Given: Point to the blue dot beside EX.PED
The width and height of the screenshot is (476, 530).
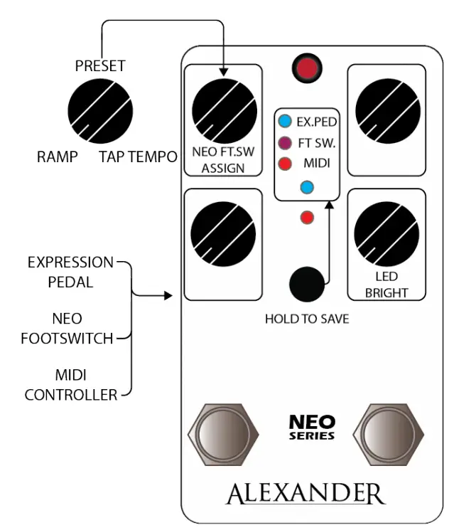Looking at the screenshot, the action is click(x=285, y=122).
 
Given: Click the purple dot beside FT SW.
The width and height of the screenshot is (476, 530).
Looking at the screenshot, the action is click(x=285, y=143).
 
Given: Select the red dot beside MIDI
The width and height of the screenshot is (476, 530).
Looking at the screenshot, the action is click(x=285, y=164).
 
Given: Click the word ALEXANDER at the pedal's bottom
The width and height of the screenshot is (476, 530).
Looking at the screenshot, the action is click(x=305, y=493).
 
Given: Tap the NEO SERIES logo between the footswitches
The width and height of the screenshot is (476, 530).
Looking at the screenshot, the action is click(x=312, y=427).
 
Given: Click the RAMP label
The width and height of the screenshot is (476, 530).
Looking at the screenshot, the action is click(x=57, y=157).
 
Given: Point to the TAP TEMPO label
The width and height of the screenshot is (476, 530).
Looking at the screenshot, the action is click(x=138, y=157).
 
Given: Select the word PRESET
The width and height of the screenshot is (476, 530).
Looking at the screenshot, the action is click(x=100, y=66).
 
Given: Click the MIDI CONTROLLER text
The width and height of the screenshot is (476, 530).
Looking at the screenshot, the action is click(x=71, y=384).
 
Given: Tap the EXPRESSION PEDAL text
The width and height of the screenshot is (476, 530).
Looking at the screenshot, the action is click(x=70, y=272).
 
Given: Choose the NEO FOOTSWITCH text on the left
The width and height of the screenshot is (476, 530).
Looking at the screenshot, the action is click(x=72, y=328).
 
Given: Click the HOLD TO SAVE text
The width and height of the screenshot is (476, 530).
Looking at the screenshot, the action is click(x=307, y=319).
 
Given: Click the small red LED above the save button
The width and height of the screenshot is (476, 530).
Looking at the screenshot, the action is click(x=307, y=217).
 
